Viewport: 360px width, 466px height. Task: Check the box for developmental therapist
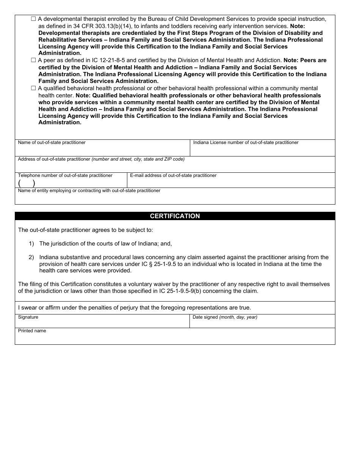coord(33,19)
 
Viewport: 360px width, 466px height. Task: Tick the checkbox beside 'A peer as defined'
coord(33,60)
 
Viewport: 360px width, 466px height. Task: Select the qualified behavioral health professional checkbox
coord(33,88)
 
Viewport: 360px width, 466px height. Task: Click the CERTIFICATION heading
coord(175,216)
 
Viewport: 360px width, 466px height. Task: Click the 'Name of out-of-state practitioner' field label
coord(52,142)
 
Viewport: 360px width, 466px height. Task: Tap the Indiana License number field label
coord(246,142)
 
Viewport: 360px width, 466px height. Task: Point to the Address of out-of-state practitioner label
coord(54,159)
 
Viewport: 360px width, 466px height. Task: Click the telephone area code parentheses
coord(27,183)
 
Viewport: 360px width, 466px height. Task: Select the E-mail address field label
coord(173,175)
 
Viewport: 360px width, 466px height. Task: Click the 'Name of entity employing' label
coord(89,191)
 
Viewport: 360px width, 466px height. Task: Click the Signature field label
coord(28,317)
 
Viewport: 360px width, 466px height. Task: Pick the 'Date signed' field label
coord(205,317)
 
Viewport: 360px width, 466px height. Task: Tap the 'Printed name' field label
coord(32,331)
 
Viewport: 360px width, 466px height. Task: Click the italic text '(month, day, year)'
coord(238,317)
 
